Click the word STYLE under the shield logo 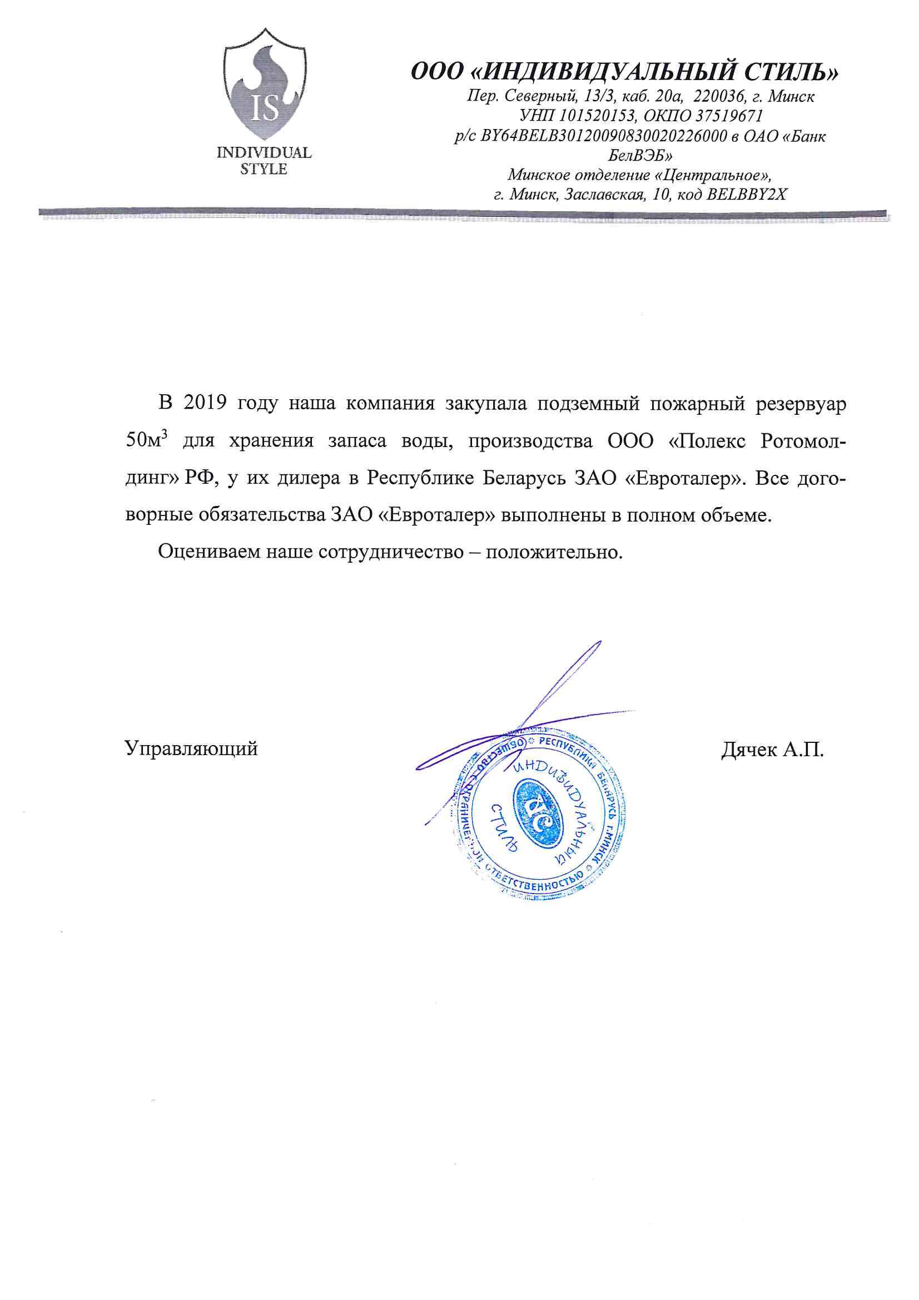coord(264,169)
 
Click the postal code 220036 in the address coord(718,96)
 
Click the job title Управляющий coord(191,748)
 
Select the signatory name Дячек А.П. coord(772,750)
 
